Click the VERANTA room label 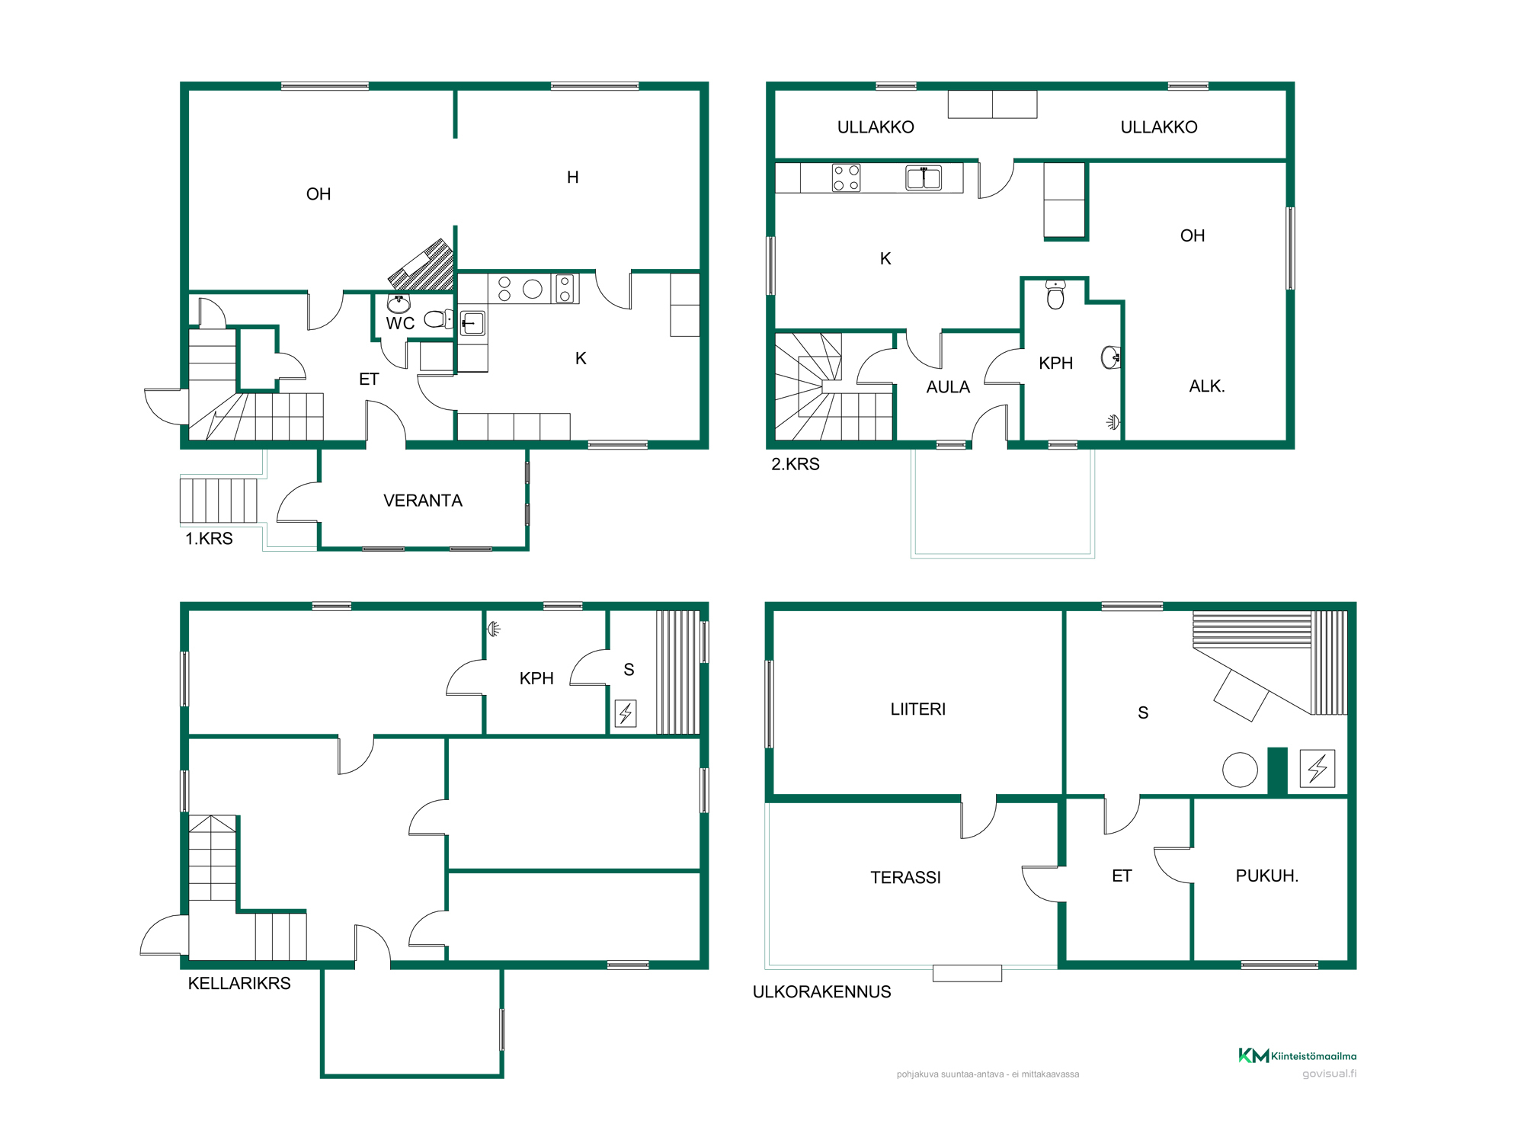tap(423, 501)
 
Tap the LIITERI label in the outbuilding tap(918, 709)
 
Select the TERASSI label tap(905, 878)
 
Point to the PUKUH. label tap(1267, 876)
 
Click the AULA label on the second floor tap(948, 387)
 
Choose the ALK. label tap(1207, 386)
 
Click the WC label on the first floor tap(400, 323)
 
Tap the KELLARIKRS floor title tap(239, 984)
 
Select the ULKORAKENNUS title tap(821, 992)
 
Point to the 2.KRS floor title tap(796, 464)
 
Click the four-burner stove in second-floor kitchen tap(846, 178)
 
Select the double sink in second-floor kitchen tap(924, 178)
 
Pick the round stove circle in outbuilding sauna tap(1240, 770)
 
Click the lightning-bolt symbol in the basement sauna tap(626, 713)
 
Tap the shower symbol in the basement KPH tap(494, 629)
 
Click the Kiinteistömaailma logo tap(1297, 1055)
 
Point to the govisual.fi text tap(1329, 1074)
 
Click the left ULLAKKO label tap(876, 127)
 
